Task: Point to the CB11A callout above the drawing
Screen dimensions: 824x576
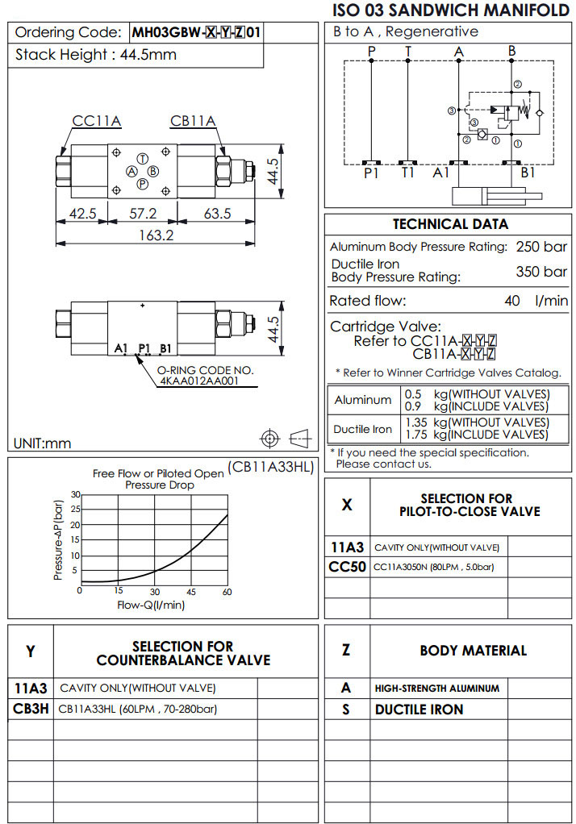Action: coord(193,122)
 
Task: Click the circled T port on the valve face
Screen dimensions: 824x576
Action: coord(142,158)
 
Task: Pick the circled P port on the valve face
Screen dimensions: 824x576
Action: coord(142,184)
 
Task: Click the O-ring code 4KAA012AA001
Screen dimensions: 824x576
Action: coord(198,381)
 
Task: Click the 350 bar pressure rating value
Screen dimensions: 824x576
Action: coord(541,272)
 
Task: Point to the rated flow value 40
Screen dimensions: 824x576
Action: coord(511,301)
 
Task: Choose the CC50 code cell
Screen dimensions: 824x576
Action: coord(347,567)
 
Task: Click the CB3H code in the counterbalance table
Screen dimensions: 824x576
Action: coord(31,710)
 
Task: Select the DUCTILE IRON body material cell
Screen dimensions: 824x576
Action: coord(419,710)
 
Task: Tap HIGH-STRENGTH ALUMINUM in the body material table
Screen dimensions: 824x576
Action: coord(436,689)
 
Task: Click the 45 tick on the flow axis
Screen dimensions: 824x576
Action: coord(191,592)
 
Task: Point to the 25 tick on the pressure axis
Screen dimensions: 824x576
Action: coord(75,510)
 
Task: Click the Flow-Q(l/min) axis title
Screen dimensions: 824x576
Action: coord(151,605)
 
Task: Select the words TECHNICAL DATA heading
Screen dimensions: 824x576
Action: coord(450,224)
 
